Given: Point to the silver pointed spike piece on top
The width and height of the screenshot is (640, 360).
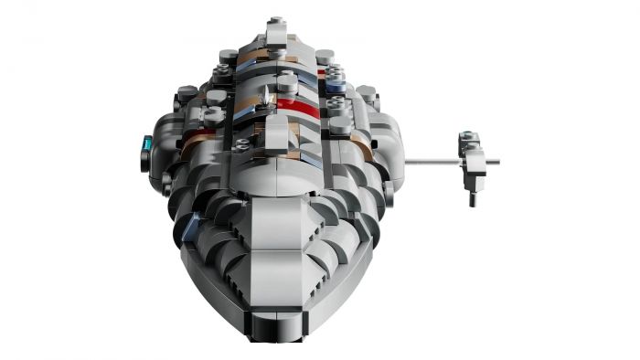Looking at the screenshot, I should (x=269, y=97).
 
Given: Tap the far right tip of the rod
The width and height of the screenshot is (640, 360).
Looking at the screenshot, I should (x=497, y=163).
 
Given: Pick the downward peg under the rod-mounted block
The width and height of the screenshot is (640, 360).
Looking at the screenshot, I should (x=471, y=195).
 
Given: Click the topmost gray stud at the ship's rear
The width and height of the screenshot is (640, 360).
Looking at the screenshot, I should (x=275, y=23).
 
